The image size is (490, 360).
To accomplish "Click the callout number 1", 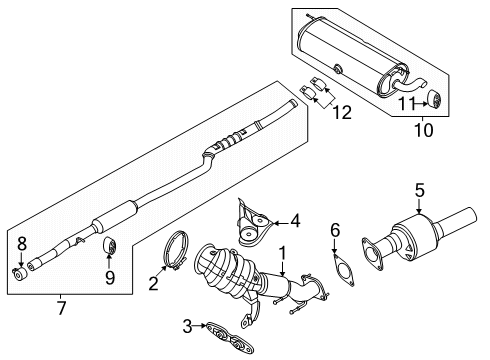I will pos(284,256).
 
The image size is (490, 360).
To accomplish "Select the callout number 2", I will pos(155,283).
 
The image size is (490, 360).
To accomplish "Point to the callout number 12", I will pos(342,114).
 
